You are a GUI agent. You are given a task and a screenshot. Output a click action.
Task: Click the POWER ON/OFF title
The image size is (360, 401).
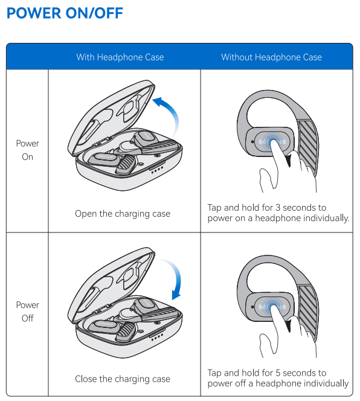pos(65,13)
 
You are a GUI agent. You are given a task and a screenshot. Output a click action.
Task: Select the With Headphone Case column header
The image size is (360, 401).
pos(120,57)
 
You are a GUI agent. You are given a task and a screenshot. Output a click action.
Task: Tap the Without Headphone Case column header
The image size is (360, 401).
pos(271,57)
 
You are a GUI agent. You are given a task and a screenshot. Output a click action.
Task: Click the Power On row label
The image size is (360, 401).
pos(27,150)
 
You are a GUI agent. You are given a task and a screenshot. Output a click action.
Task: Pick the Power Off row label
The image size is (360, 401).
pos(27,312)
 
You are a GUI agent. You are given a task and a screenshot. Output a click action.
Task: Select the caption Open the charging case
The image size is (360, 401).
pos(123,214)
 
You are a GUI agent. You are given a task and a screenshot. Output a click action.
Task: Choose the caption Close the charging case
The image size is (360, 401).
pos(123,379)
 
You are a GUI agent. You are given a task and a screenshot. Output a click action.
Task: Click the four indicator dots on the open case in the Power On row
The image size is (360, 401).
pos(157,170)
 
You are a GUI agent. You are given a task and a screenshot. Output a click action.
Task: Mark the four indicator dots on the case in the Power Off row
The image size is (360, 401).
pos(157,337)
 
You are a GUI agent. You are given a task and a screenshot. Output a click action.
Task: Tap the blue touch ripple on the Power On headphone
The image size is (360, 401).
pos(273,141)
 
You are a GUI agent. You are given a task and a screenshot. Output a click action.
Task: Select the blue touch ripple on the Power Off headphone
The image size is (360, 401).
pos(273,306)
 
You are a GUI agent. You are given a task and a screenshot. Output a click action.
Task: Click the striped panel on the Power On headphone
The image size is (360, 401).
pos(308,147)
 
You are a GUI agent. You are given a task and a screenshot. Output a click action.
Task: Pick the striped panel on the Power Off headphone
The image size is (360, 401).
pos(308,312)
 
